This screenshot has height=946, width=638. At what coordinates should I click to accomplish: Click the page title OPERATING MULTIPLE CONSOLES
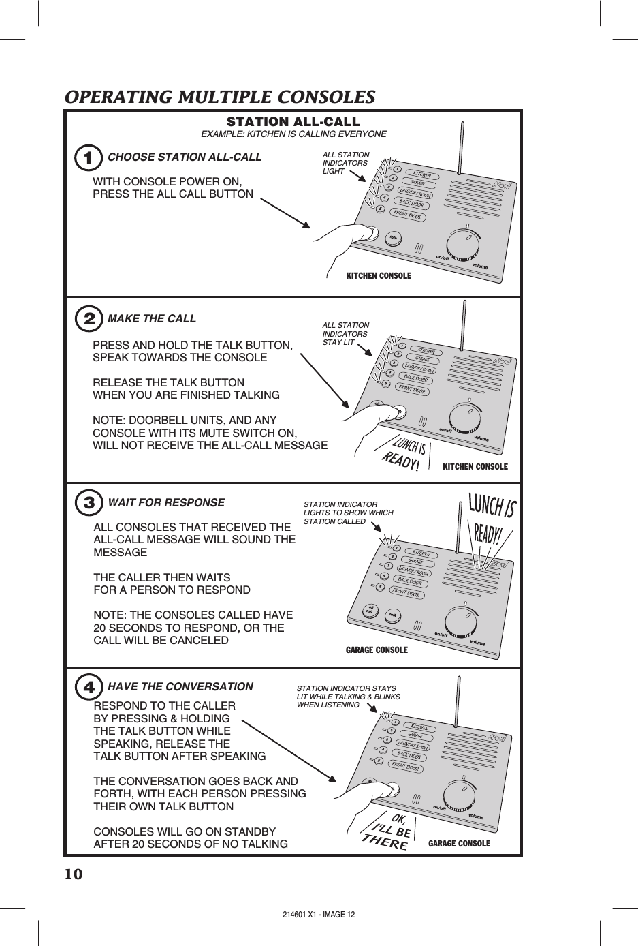[219, 97]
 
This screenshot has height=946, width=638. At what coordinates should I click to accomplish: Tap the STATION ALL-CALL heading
[293, 122]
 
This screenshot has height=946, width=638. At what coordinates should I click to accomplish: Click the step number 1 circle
[86, 157]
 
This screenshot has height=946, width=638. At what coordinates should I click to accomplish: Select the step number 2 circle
[87, 319]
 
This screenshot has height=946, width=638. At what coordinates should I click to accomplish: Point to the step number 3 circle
[87, 503]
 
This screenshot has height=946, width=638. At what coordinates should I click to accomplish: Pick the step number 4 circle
[88, 687]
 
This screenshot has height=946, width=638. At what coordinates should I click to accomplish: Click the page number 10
[74, 874]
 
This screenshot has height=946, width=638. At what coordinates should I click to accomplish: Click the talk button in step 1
[393, 238]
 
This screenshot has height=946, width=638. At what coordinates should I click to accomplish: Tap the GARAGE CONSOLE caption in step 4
[459, 844]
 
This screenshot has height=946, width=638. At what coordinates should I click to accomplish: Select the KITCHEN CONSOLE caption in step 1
[379, 276]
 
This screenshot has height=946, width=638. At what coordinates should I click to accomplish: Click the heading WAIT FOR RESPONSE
[166, 503]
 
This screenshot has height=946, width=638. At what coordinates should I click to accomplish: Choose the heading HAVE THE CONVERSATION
[180, 687]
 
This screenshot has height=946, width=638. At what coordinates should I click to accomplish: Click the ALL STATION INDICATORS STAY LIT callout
[346, 334]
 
